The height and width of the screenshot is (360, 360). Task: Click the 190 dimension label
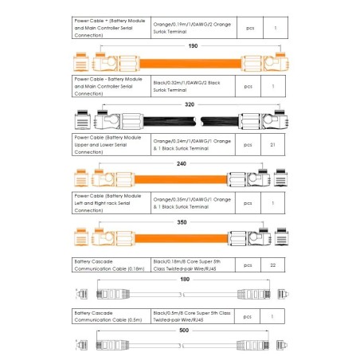(192, 46)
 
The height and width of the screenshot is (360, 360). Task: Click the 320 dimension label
(189, 104)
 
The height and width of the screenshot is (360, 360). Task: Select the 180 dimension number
(186, 280)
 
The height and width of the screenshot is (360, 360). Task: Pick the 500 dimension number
(184, 329)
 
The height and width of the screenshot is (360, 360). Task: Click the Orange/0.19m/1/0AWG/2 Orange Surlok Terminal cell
(191, 28)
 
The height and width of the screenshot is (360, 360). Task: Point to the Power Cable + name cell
(110, 28)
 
